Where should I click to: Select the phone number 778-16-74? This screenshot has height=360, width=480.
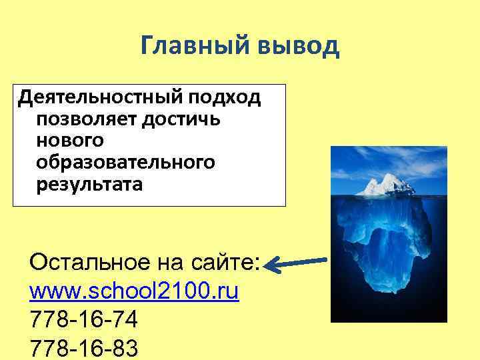(84, 321)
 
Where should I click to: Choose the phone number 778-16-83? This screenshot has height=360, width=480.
(84, 349)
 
